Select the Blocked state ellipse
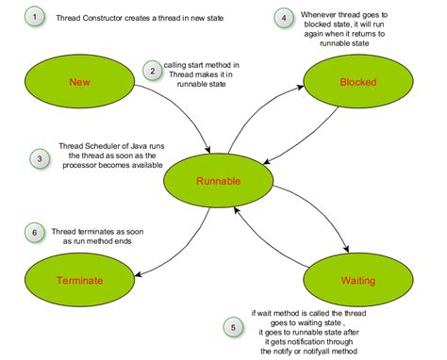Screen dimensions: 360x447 [x=350, y=82]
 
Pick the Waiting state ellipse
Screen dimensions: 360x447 [x=351, y=280]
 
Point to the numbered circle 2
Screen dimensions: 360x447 [x=151, y=70]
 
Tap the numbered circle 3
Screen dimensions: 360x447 [x=38, y=157]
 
